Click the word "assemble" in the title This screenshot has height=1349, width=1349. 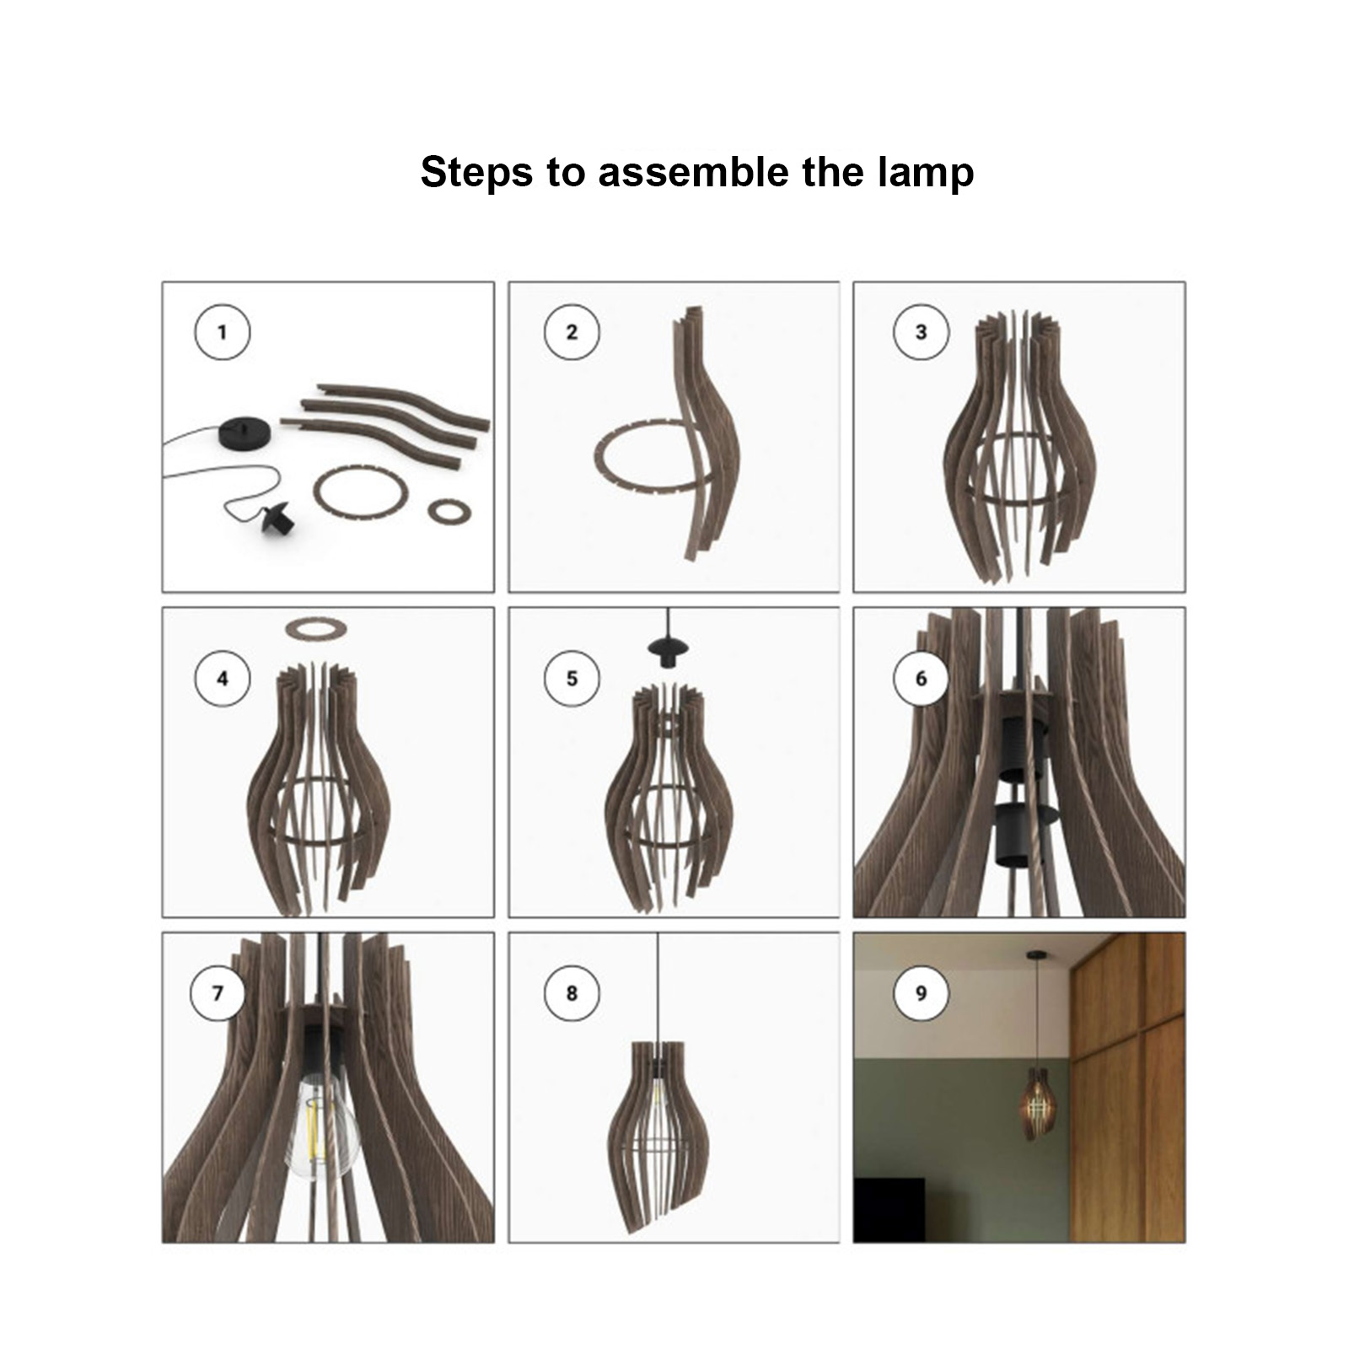(x=693, y=172)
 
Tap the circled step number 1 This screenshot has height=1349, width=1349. (x=223, y=332)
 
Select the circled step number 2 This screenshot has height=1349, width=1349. (x=572, y=332)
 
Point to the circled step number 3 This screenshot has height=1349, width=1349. (x=921, y=332)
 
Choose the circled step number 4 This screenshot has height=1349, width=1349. (x=223, y=679)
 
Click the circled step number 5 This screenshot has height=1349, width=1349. (x=572, y=679)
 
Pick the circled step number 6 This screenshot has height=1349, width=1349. (x=921, y=679)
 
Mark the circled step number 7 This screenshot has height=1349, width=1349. (x=218, y=993)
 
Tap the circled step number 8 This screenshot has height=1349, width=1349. (x=572, y=993)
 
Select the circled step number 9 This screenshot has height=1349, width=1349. (x=921, y=993)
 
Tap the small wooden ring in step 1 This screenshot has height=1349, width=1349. (x=449, y=510)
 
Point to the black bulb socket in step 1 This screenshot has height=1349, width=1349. (x=280, y=522)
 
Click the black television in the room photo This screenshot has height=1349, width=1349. (x=889, y=1211)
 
